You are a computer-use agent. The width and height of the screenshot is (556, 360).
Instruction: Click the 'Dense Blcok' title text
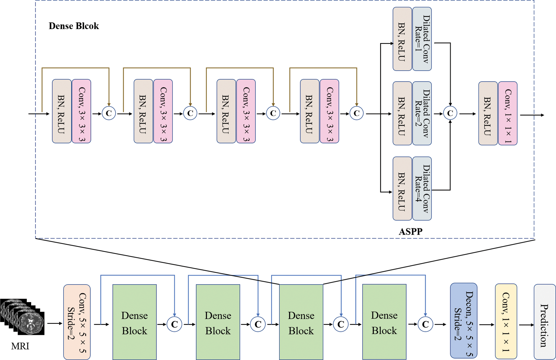[x=74, y=26]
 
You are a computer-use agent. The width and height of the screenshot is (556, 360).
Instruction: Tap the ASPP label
[x=410, y=231]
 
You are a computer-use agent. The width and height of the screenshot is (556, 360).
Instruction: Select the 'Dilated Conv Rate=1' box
[x=422, y=39]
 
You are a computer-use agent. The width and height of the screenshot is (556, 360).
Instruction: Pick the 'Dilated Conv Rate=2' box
[x=422, y=113]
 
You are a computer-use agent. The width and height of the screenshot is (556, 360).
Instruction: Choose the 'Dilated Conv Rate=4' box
[x=422, y=188]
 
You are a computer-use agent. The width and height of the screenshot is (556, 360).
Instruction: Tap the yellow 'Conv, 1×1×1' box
[x=506, y=321]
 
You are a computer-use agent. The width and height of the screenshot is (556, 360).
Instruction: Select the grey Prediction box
[x=545, y=322]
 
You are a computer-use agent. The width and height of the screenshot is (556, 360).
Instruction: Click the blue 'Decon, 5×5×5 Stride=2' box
[x=464, y=321]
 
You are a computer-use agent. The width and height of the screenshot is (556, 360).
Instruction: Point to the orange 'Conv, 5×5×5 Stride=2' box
[x=77, y=322]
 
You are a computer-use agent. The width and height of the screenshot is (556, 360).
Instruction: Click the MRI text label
[x=20, y=346]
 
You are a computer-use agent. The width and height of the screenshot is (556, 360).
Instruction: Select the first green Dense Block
[x=135, y=322]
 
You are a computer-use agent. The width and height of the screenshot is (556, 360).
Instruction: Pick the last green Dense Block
[x=384, y=322]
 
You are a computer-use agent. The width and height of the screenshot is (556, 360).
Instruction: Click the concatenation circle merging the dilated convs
[x=450, y=113]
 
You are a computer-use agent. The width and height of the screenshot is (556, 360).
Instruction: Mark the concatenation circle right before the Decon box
[x=425, y=324]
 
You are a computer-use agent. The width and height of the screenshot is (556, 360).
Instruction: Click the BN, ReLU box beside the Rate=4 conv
[x=402, y=188]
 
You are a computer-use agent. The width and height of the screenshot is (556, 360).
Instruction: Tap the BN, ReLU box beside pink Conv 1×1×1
[x=488, y=113]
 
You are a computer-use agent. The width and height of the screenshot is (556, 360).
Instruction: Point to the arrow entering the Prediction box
[x=526, y=325]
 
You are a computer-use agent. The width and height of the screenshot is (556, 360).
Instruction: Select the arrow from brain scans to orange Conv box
[x=54, y=323]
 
